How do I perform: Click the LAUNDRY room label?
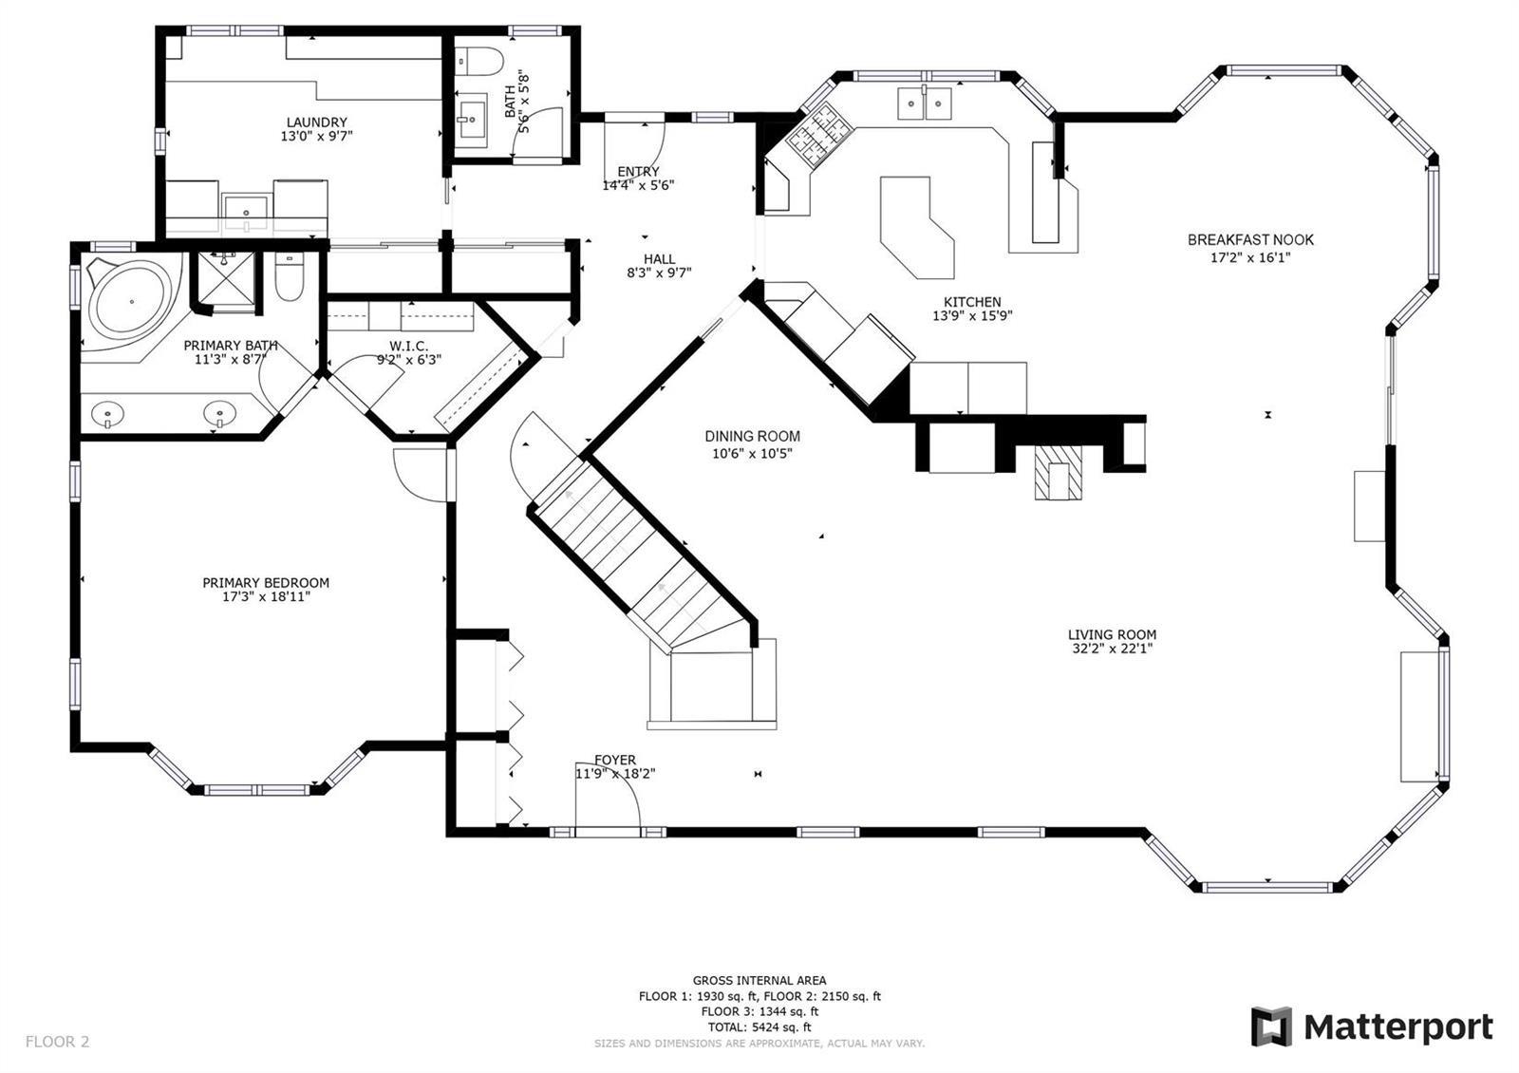pyautogui.click(x=317, y=122)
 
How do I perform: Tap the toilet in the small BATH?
pyautogui.click(x=478, y=60)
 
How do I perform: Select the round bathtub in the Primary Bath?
pyautogui.click(x=132, y=301)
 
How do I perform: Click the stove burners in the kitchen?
pyautogui.click(x=818, y=134)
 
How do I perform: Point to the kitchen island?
pyautogui.click(x=916, y=227)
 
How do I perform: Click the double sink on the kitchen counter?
pyautogui.click(x=925, y=104)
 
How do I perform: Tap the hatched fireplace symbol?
pyautogui.click(x=1058, y=473)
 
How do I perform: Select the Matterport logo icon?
pyautogui.click(x=1271, y=1026)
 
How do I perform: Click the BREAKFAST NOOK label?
pyautogui.click(x=1250, y=239)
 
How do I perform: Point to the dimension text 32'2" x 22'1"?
pyautogui.click(x=1112, y=649)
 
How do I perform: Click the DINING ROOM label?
pyautogui.click(x=752, y=436)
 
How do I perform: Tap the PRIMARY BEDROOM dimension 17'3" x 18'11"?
pyautogui.click(x=266, y=597)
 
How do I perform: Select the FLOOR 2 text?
pyautogui.click(x=58, y=1041)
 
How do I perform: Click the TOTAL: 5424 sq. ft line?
pyautogui.click(x=759, y=1026)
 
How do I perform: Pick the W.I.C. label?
pyautogui.click(x=409, y=346)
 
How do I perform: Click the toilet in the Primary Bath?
pyautogui.click(x=290, y=276)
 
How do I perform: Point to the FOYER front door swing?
pyautogui.click(x=608, y=795)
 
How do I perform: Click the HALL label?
pyautogui.click(x=659, y=259)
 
